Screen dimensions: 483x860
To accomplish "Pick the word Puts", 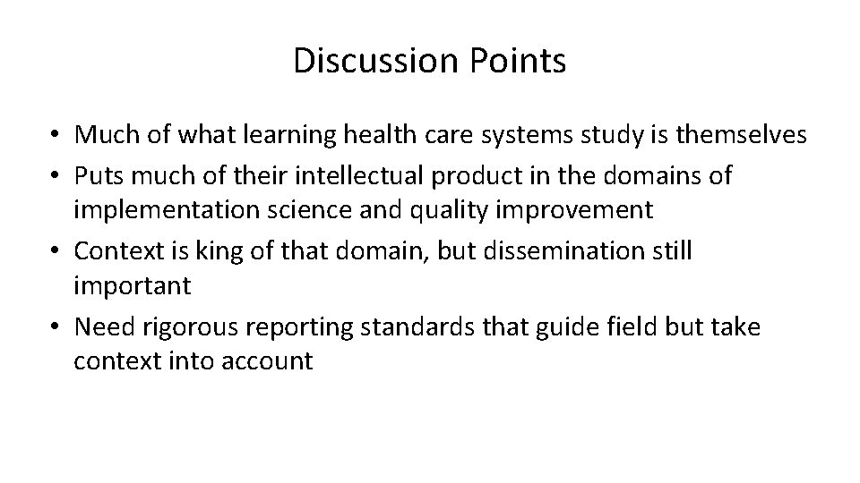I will pos(100,176).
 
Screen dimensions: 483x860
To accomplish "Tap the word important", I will pos(132,285).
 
